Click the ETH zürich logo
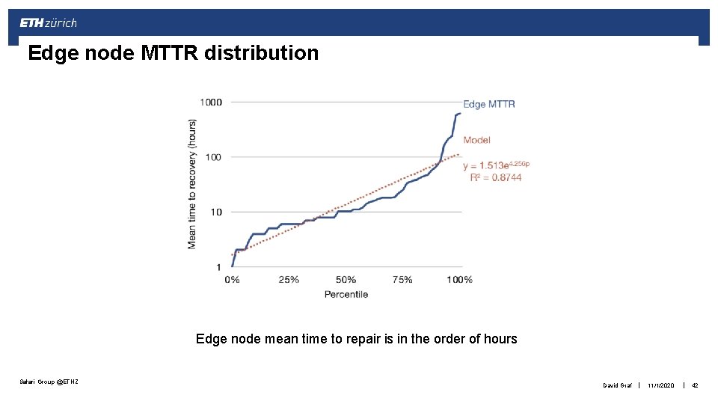48,23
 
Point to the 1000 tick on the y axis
210,102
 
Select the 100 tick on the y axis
213,157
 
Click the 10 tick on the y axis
215,212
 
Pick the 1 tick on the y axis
219,267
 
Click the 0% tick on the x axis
233,280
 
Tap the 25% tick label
289,280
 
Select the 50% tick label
346,280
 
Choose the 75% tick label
402,280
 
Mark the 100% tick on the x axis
460,280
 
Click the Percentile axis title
346,294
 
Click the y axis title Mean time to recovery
192,183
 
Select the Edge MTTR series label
489,104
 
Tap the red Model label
476,140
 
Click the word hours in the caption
500,339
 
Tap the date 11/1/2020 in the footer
661,385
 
